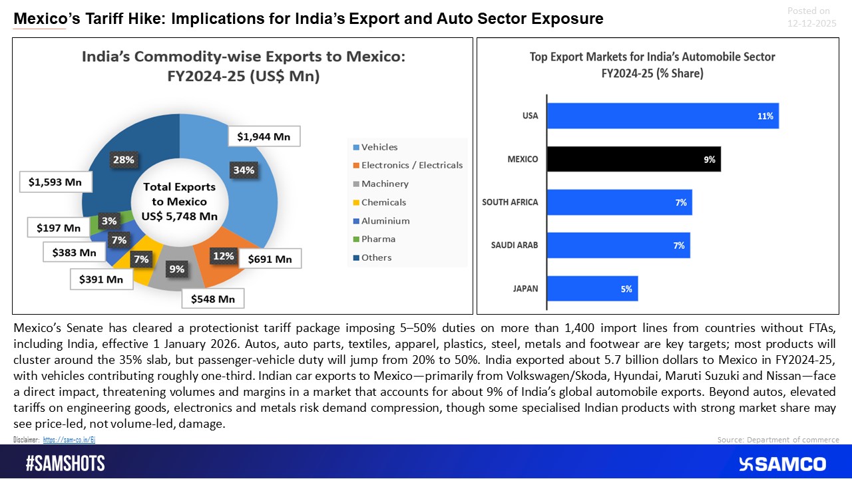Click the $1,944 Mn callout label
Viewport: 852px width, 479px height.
(264, 137)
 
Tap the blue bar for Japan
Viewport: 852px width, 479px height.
(592, 289)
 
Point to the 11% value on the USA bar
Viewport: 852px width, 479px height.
(765, 116)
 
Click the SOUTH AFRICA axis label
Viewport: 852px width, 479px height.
(510, 202)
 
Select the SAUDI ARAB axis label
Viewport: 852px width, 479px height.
(514, 245)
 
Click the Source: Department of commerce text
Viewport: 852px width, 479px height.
(777, 440)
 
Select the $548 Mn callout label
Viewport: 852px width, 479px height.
(213, 299)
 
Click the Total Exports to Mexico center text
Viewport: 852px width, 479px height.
(178, 201)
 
